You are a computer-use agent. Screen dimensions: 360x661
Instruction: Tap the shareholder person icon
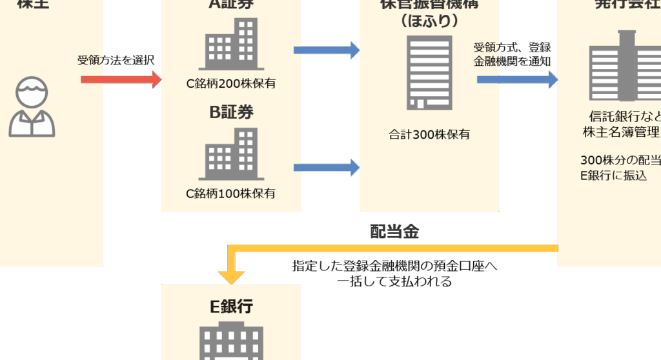pos(32,106)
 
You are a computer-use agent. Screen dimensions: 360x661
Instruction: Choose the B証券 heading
pos(230,112)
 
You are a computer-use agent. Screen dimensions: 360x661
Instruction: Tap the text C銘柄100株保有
pos(230,193)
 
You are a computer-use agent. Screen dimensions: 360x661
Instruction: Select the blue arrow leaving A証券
pos(326,50)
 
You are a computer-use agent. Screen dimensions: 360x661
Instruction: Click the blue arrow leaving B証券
pos(326,167)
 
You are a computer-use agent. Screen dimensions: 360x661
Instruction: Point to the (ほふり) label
pos(429,22)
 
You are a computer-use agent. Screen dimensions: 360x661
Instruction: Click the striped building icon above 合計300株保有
pos(429,72)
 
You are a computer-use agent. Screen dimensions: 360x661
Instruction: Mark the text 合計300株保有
pos(429,135)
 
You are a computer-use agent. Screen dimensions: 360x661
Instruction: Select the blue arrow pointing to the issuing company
pos(517,79)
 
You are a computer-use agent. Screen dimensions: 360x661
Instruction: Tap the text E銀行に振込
pos(613,176)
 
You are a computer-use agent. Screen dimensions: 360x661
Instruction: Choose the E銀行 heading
pos(230,306)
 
